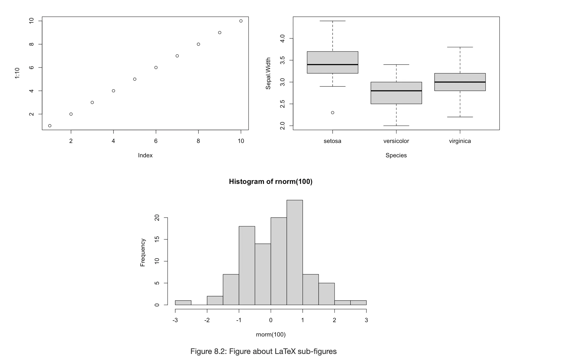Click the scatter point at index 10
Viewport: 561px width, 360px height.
point(241,21)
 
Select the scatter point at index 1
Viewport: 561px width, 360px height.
point(50,126)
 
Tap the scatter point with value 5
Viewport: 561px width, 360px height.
point(135,79)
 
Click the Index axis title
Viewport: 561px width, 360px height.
point(145,155)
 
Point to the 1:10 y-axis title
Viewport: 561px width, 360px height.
point(17,73)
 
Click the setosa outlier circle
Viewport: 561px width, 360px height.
point(332,113)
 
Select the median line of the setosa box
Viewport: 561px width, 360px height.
point(332,65)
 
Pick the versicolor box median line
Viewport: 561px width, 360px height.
point(396,91)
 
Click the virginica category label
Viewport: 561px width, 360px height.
point(460,141)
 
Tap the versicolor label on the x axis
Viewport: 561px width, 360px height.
point(396,141)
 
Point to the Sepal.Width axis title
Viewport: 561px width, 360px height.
point(268,73)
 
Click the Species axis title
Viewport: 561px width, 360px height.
point(396,155)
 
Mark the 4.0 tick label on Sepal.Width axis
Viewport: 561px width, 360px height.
point(282,38)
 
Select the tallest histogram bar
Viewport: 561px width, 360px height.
point(295,252)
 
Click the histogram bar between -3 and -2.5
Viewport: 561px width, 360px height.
point(183,303)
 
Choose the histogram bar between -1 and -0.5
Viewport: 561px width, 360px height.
point(247,265)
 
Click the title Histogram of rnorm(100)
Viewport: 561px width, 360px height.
point(271,182)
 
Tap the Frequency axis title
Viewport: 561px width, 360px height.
point(143,252)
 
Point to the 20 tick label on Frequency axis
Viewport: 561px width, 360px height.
point(157,218)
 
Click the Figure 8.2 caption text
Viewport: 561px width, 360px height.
point(263,351)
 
